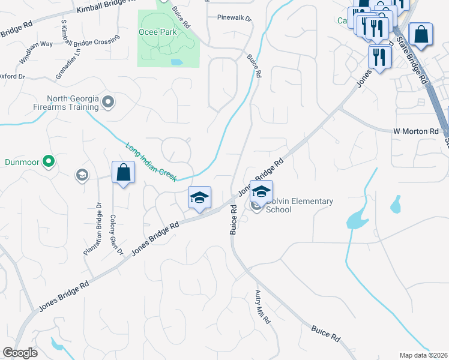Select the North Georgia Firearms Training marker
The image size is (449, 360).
click(x=108, y=103)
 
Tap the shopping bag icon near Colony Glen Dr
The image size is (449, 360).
click(x=123, y=173)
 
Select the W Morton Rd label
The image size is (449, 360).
click(x=416, y=131)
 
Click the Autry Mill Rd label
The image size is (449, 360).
click(x=262, y=307)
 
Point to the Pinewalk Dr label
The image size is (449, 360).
click(x=235, y=19)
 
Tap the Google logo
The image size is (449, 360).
click(x=20, y=353)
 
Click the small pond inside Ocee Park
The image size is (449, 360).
click(x=176, y=62)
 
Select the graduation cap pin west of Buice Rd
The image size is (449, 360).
click(x=199, y=197)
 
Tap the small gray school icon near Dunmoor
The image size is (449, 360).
click(x=81, y=175)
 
